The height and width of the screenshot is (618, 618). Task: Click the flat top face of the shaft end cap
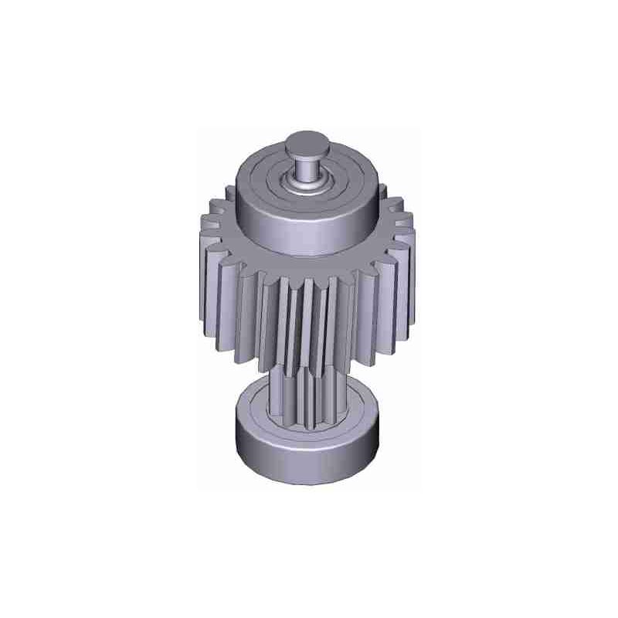pyautogui.click(x=308, y=143)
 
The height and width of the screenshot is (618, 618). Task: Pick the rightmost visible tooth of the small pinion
pyautogui.click(x=341, y=402)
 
